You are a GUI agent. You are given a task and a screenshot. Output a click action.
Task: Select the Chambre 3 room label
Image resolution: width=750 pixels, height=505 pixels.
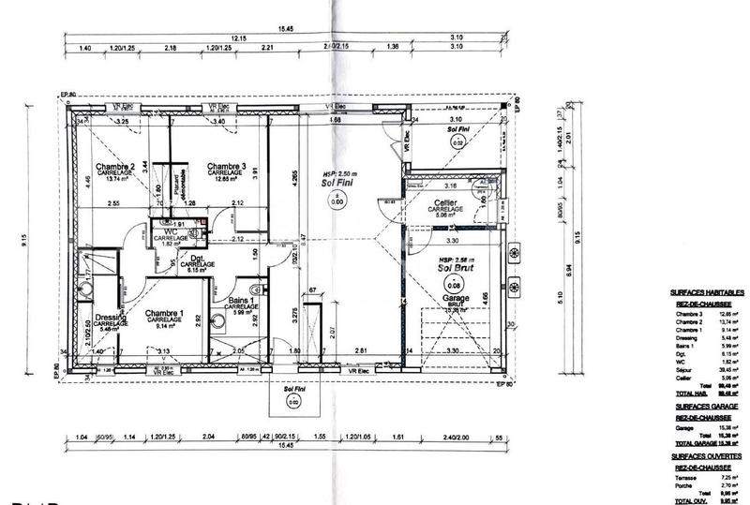pos(226,167)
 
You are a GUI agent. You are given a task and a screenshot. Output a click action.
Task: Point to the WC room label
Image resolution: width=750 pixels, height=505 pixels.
pos(172,231)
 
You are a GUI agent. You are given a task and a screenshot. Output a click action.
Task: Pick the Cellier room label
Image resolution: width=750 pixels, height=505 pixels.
pos(444,203)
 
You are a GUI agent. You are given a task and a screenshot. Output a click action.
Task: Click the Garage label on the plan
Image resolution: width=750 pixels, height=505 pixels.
pos(457,297)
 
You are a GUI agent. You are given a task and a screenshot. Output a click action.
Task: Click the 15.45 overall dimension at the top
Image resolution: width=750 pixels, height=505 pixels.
pos(296,29)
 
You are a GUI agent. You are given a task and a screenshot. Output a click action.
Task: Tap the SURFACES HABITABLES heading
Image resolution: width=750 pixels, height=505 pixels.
pos(706,292)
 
